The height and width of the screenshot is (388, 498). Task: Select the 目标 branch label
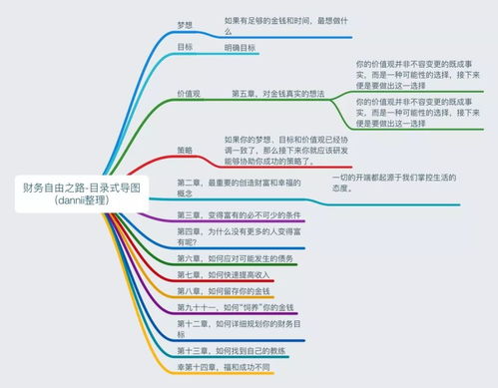186,46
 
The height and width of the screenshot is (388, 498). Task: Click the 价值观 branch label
190,94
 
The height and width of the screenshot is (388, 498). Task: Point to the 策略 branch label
186,150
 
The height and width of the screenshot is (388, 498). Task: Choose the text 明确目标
240,46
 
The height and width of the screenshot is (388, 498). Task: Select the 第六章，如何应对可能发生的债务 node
236,256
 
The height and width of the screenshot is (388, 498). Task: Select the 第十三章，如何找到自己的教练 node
236,351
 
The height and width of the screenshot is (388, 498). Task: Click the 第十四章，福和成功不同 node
226,367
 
